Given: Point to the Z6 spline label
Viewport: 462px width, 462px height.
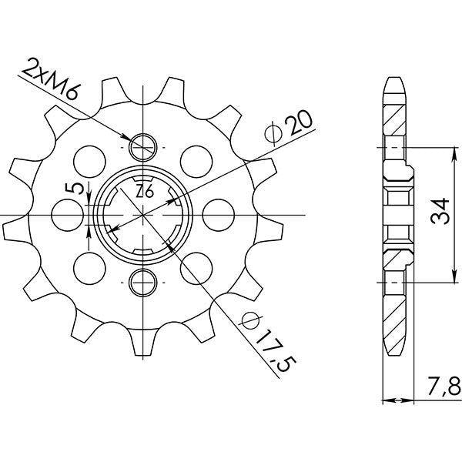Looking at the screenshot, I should click(x=144, y=192).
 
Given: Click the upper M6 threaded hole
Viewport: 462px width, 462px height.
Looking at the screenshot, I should click(x=144, y=146).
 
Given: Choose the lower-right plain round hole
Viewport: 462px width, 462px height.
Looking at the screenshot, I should click(x=199, y=267).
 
